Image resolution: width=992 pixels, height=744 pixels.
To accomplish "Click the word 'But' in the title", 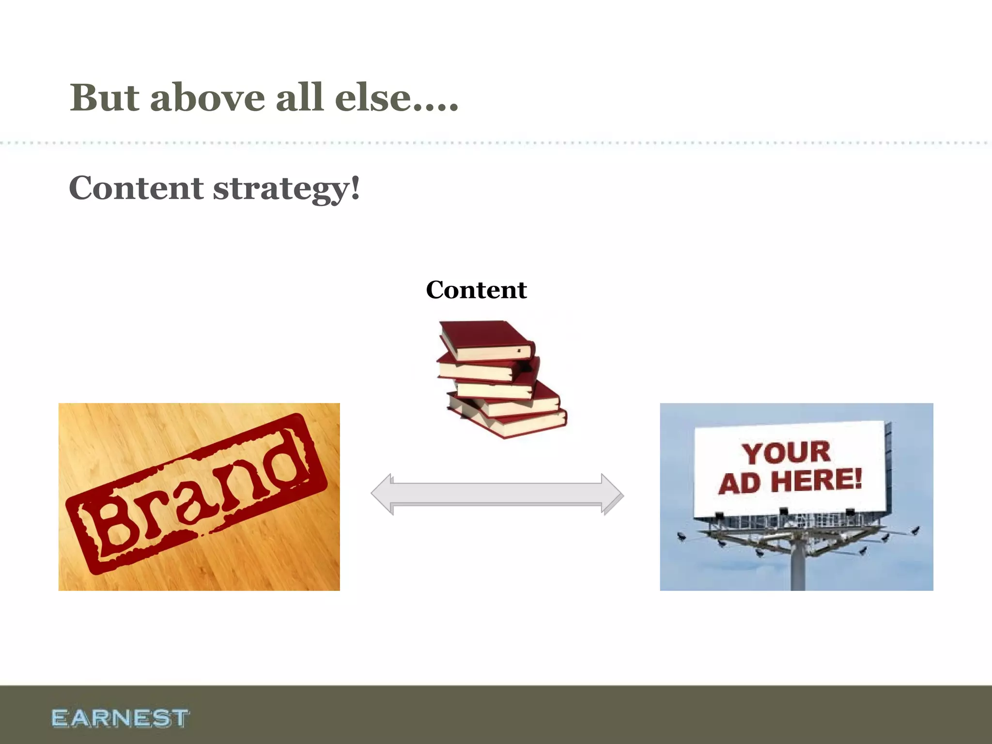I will (x=105, y=98).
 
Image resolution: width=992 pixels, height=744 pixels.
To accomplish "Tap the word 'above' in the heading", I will (x=207, y=98).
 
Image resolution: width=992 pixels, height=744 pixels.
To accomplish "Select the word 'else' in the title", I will (x=372, y=98).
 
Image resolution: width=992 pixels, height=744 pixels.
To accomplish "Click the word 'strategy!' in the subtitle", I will (x=287, y=189).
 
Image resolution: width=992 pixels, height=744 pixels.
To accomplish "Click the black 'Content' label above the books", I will (x=476, y=290).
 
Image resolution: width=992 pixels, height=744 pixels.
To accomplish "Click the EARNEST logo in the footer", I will (x=120, y=718).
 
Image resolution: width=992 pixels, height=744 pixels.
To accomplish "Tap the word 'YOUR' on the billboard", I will (x=786, y=453).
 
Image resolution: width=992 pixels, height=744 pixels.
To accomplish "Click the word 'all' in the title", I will (x=299, y=98).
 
